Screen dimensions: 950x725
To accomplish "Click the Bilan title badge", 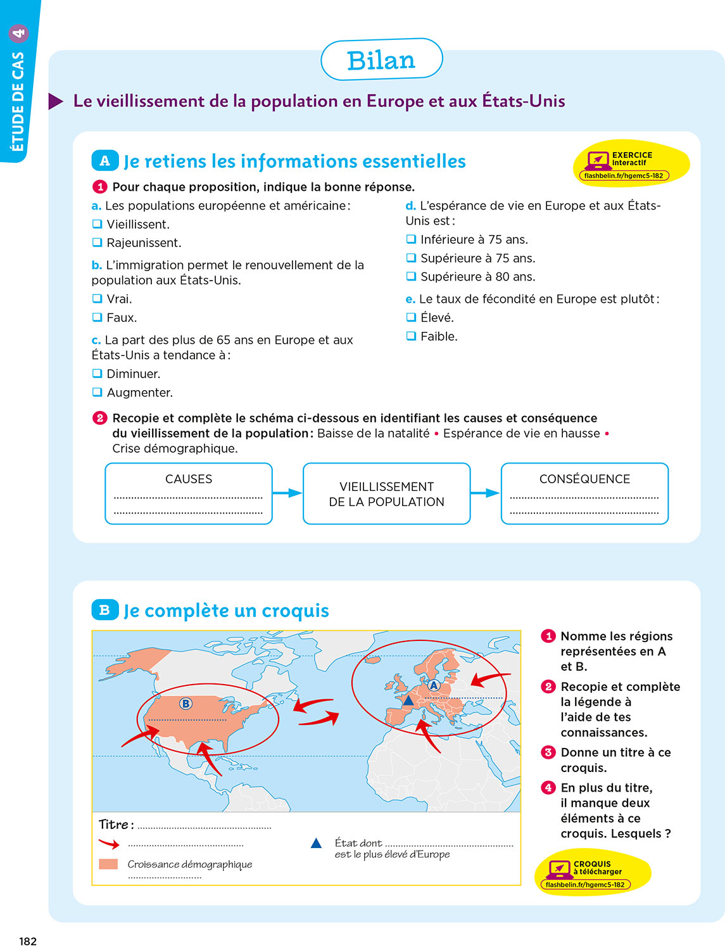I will click(x=381, y=60).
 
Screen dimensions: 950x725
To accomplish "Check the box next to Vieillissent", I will click(x=97, y=224).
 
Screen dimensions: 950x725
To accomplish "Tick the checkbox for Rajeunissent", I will click(x=97, y=243).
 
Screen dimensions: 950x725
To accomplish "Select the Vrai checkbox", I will click(x=97, y=298).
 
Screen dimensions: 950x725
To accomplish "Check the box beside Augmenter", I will click(x=97, y=392).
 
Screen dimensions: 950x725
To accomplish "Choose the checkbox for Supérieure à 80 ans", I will click(x=411, y=276).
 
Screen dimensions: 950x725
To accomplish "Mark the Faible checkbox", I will click(x=411, y=336).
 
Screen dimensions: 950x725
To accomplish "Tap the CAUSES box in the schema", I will click(x=189, y=493).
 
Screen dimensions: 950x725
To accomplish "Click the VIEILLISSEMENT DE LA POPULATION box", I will click(x=386, y=493).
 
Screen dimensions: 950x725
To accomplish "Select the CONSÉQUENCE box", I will click(x=584, y=493).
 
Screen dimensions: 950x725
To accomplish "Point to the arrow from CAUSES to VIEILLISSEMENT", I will click(x=287, y=493).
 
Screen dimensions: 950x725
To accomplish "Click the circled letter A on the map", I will click(x=434, y=685).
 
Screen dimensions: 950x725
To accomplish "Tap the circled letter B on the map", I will click(x=186, y=704).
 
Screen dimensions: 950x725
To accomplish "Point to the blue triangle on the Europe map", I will click(x=408, y=700).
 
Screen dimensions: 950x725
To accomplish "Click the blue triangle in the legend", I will click(x=317, y=844).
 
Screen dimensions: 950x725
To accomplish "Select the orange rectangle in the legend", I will click(x=108, y=864).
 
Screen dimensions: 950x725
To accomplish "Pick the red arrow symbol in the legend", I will click(x=109, y=844).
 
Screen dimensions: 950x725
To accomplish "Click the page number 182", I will click(x=28, y=941).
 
